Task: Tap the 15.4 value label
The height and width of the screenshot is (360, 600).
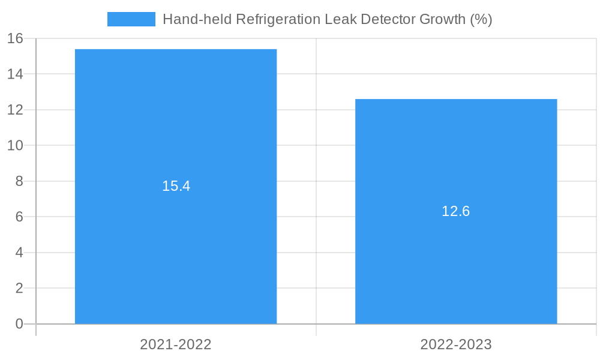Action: [x=176, y=186]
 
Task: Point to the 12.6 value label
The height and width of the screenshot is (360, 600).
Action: [x=456, y=211]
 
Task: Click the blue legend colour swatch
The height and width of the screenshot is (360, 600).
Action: [x=131, y=19]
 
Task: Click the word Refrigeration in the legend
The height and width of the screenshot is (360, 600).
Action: [x=278, y=19]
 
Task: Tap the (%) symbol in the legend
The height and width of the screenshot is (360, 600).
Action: [x=481, y=19]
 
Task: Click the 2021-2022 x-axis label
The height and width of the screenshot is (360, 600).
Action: [x=176, y=344]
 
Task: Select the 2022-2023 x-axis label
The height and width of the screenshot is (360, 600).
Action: [x=456, y=344]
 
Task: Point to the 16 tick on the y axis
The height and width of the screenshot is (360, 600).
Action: [x=15, y=38]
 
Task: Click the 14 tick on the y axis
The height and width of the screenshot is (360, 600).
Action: [x=15, y=74]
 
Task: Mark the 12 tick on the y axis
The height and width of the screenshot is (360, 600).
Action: [x=15, y=110]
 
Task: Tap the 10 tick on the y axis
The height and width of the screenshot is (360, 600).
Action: [x=15, y=146]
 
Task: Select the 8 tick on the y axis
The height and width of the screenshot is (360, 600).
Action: [x=19, y=181]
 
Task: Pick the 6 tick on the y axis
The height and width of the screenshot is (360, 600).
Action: [x=19, y=217]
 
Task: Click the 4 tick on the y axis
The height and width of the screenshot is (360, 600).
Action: [x=19, y=253]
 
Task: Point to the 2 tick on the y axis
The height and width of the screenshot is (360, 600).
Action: [x=19, y=288]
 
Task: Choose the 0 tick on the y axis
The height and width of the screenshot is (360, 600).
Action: [x=19, y=324]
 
